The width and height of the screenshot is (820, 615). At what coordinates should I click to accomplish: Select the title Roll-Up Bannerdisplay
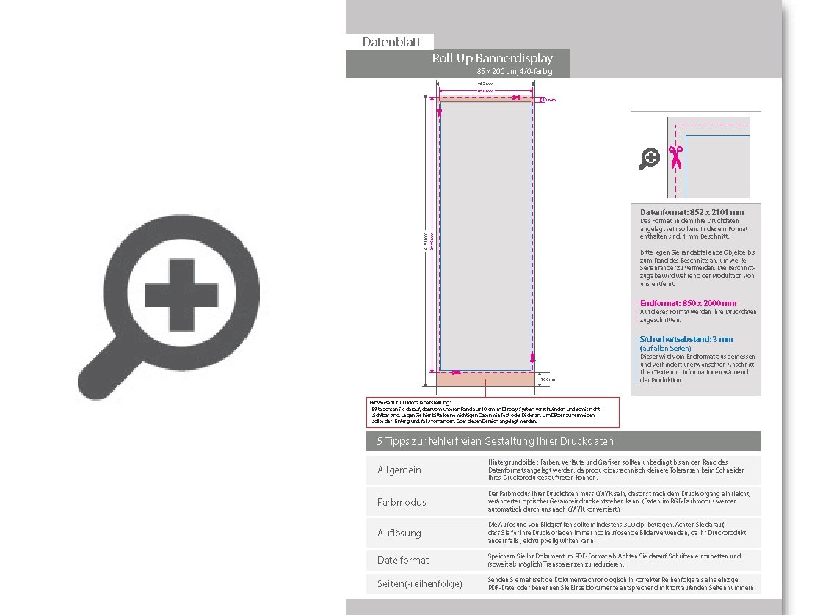pos(492,59)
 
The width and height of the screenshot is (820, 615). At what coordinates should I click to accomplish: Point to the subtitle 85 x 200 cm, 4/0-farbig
pos(514,71)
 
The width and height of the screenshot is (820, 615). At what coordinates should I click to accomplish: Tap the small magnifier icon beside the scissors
pos(649,158)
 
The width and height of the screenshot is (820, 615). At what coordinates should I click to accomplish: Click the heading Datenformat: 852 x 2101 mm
pos(692,212)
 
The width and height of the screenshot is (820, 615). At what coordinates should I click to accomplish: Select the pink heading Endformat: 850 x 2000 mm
pos(688,303)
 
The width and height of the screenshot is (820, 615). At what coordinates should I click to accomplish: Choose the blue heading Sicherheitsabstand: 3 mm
pos(686,339)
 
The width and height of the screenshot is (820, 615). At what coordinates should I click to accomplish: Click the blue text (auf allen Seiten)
pos(664,348)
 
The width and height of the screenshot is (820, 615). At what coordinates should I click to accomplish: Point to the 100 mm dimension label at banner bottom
pos(548,379)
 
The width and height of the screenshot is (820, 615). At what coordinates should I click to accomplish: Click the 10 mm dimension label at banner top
pos(548,100)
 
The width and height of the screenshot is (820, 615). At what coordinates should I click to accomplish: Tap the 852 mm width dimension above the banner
pos(485,84)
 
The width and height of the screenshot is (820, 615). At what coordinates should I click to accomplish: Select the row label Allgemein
pos(399,470)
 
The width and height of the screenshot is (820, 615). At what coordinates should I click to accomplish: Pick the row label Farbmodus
pos(401,502)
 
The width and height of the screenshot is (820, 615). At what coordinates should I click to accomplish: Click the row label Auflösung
pos(399,533)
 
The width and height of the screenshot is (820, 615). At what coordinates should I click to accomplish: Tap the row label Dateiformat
pos(402,560)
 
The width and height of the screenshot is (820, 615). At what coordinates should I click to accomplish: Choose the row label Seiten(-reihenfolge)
pos(419,583)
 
